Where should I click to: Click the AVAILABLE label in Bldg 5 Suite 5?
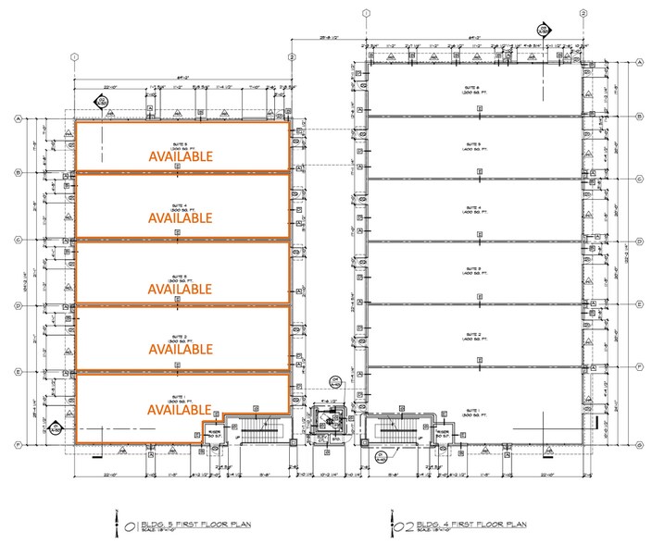coord(181,157)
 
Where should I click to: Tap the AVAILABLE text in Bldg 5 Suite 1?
coord(181,410)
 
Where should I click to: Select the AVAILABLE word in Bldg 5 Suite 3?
coord(181,289)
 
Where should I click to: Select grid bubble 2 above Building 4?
coord(583,13)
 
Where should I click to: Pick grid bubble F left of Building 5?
coord(17,444)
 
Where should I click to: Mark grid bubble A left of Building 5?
coord(17,119)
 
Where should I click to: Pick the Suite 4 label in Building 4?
coord(479,209)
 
